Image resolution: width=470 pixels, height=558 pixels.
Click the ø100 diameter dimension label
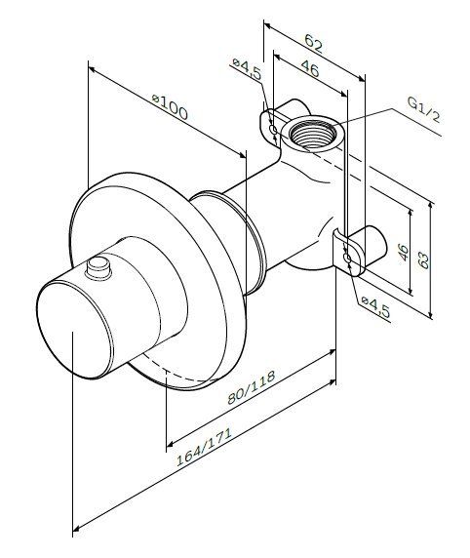point(170,106)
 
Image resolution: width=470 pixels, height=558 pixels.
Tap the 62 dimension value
point(313,44)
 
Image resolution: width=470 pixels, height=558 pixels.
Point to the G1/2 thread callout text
point(424,109)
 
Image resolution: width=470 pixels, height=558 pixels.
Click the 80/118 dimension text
point(252,387)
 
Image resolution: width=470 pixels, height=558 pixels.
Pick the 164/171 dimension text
point(204,447)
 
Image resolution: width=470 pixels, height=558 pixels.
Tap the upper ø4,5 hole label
point(248,68)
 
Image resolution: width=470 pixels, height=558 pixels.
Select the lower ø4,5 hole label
point(375,307)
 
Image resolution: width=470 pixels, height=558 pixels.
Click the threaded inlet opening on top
point(313,134)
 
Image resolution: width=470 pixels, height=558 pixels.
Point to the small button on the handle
point(98,268)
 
